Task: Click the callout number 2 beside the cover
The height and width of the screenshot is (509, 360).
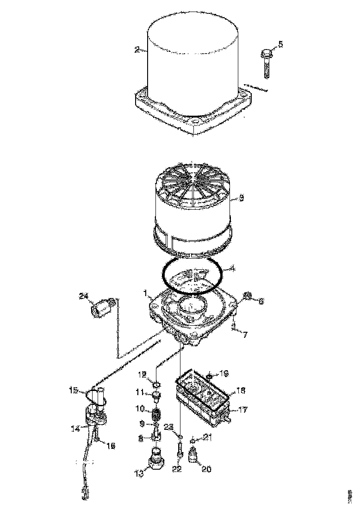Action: [137, 50]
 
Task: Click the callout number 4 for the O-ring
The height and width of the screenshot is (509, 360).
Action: [233, 269]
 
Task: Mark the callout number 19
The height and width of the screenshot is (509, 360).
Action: [224, 373]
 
